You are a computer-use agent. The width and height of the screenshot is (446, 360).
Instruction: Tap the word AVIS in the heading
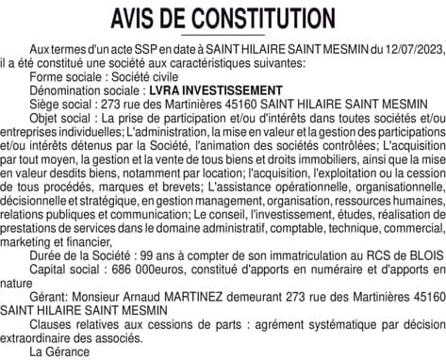pos(140,18)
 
